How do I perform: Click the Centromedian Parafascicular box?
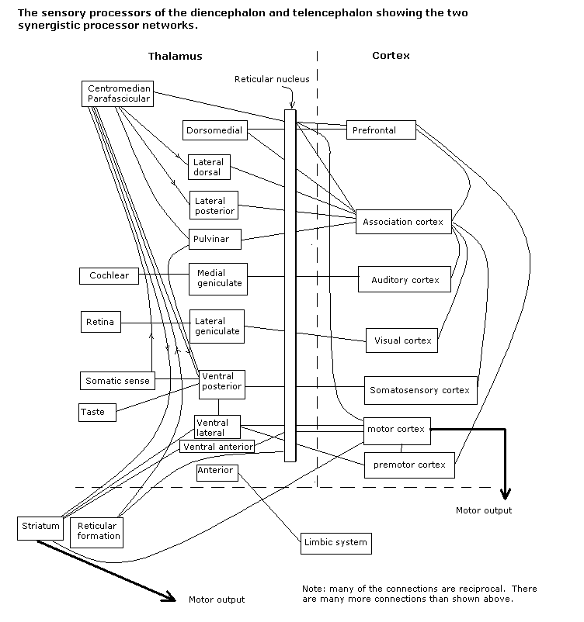(119, 94)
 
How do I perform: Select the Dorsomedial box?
(215, 130)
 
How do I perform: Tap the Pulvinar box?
(214, 239)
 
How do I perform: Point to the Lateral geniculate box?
(217, 326)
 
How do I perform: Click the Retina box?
(101, 322)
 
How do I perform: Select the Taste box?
(97, 412)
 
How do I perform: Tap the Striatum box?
(39, 527)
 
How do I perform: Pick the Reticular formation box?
(99, 531)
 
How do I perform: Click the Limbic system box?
(335, 542)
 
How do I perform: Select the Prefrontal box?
(381, 130)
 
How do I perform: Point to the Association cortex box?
(402, 222)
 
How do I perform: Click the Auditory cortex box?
(405, 279)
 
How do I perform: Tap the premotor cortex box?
(409, 465)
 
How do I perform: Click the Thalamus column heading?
(176, 56)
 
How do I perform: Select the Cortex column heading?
(391, 56)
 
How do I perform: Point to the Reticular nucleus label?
(271, 79)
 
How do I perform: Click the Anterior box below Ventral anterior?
(215, 471)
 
